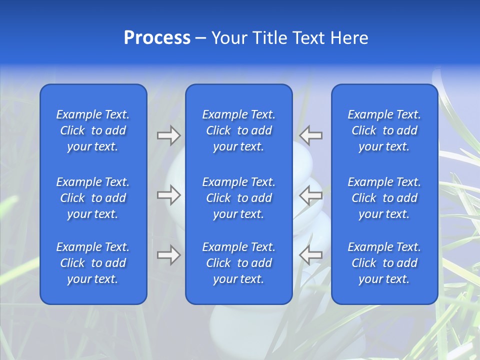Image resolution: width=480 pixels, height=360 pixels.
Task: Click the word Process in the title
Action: coord(157,37)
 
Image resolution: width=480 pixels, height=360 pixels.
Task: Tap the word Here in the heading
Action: coord(349,37)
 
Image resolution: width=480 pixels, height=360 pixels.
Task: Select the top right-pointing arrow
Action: coord(169,135)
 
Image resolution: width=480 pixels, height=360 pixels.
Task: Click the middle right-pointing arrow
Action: coord(169,195)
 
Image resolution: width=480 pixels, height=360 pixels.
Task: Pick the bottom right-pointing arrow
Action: coord(169,255)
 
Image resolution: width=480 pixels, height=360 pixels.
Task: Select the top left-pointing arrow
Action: coord(311,135)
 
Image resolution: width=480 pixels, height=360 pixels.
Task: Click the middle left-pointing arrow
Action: coord(311,195)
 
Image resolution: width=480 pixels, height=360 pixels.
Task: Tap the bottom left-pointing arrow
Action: coord(311,255)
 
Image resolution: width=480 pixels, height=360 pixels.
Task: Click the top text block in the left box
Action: coord(93,130)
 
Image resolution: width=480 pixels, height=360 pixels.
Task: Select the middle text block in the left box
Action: coord(93,198)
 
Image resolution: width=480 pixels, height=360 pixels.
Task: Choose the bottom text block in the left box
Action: coord(93,263)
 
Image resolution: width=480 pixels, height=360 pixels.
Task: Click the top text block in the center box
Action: coord(239,130)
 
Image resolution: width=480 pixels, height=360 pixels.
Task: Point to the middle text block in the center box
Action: coord(239,198)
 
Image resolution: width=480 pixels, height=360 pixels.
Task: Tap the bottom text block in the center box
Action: coord(239,263)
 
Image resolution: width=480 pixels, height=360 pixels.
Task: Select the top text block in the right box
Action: coord(384,130)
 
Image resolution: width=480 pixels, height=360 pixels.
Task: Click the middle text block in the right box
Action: coord(384,198)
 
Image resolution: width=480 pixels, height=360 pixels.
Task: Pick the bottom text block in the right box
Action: coord(384,263)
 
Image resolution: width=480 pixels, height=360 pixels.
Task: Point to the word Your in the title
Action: coord(228,37)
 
